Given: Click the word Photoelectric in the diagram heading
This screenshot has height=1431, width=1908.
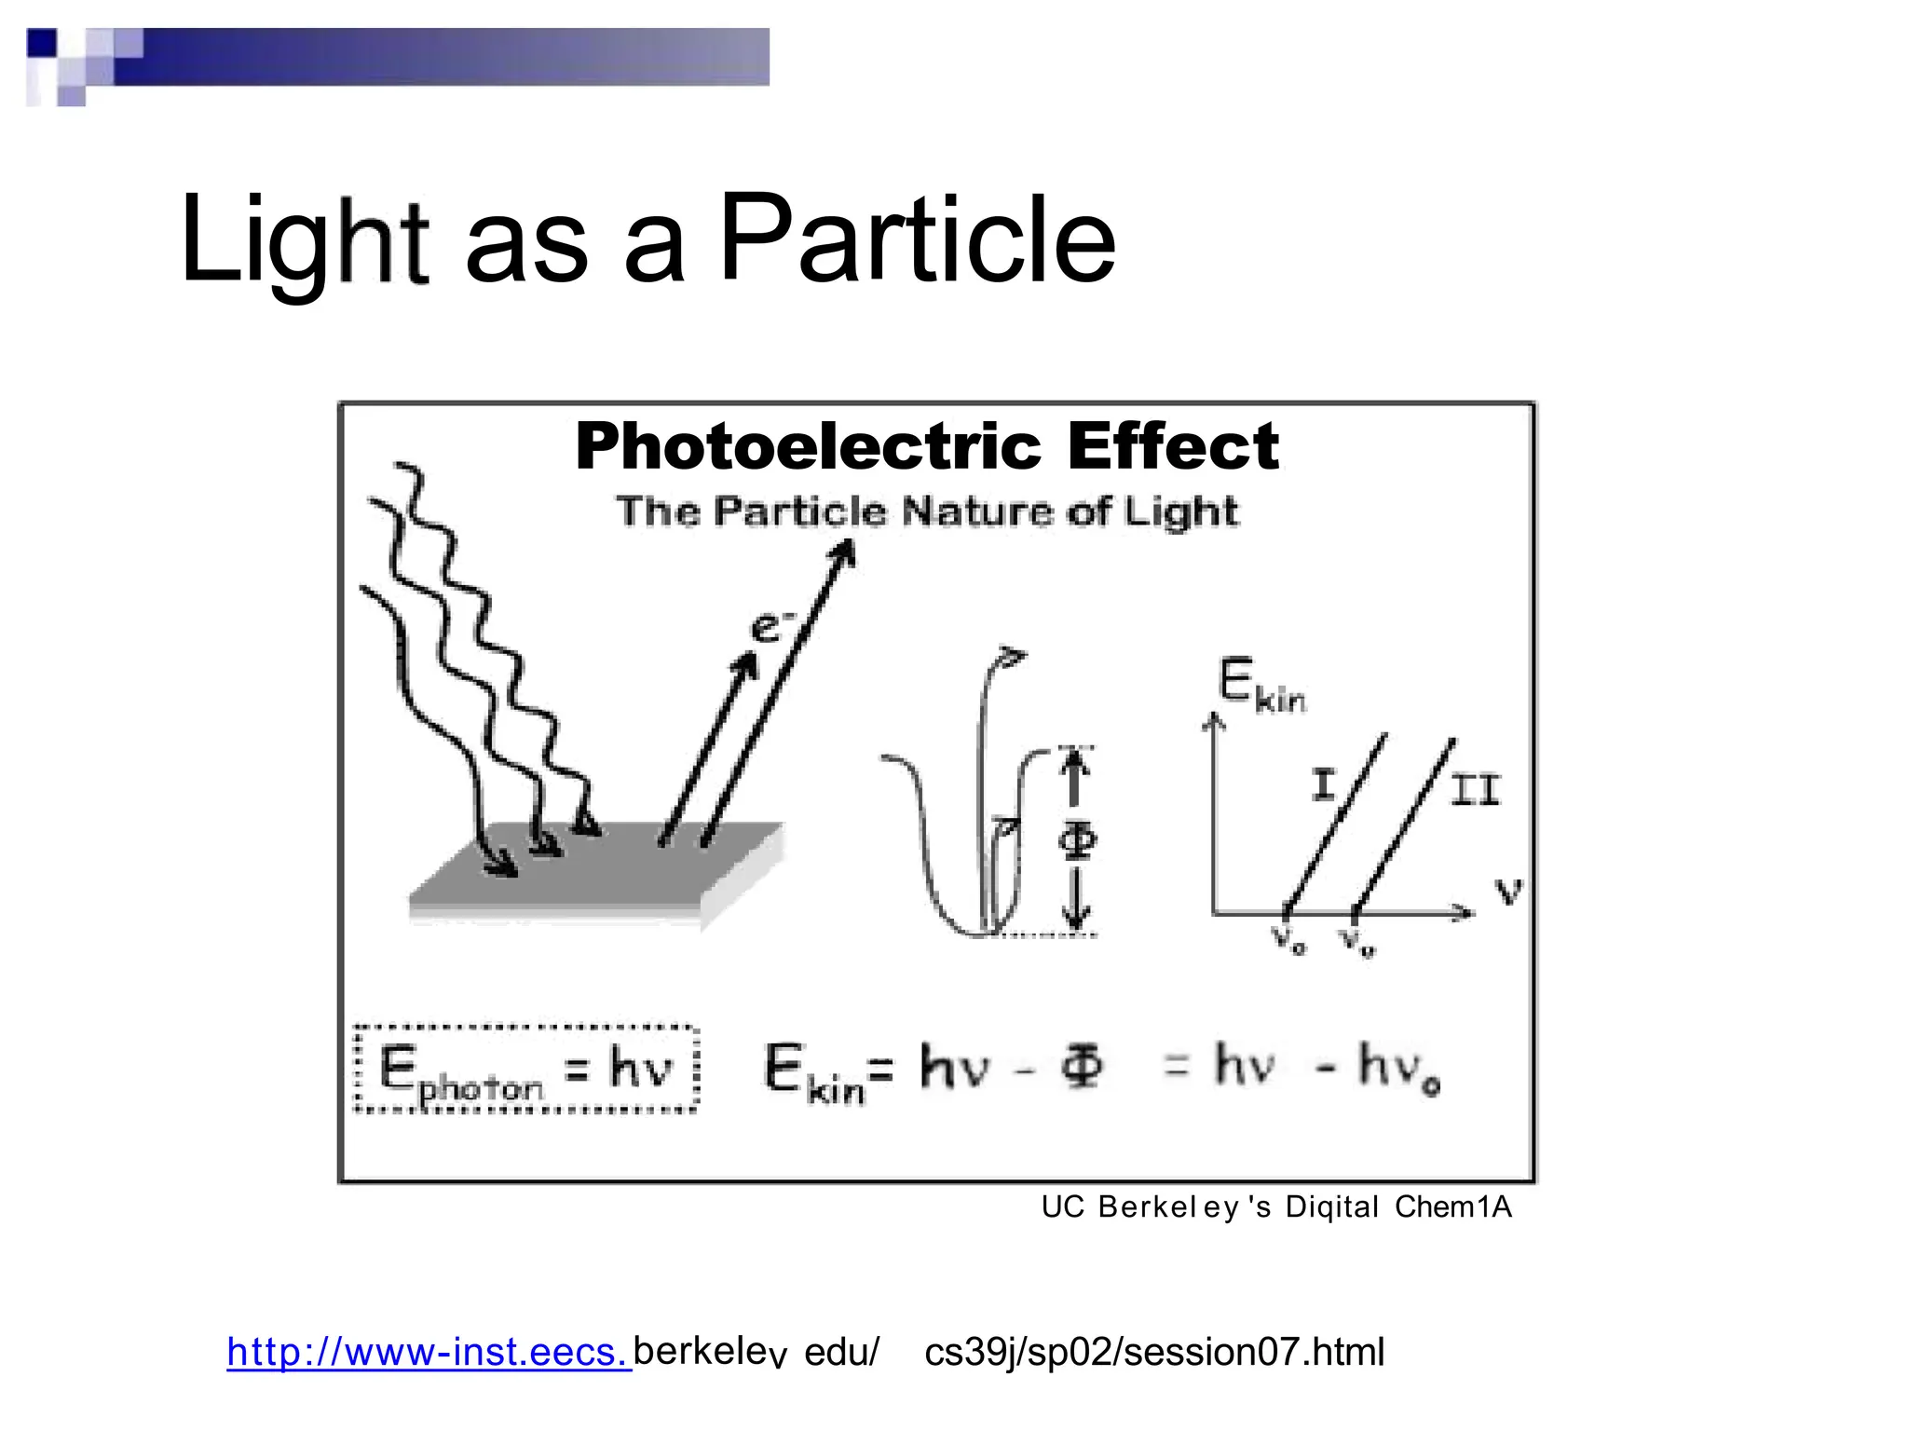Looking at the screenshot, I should point(808,445).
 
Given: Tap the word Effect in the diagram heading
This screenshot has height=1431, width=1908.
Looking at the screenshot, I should point(1173,445).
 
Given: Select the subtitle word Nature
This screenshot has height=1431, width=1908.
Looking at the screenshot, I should point(978,511).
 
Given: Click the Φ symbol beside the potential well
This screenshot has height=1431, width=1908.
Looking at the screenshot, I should point(1078,839).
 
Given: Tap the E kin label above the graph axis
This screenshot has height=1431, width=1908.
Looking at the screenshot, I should point(1261,685).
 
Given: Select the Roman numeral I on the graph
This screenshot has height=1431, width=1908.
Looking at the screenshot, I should point(1323,784).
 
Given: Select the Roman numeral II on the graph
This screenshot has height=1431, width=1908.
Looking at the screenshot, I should point(1475,791).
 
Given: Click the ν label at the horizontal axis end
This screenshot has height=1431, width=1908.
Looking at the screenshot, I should point(1508,891).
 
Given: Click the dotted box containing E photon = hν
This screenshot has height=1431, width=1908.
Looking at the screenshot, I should point(526,1069).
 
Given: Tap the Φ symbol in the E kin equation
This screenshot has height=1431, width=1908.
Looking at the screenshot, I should point(1081,1066).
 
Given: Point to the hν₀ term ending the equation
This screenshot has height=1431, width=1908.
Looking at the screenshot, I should point(1397,1068).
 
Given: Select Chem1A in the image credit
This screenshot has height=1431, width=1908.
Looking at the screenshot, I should point(1452,1207).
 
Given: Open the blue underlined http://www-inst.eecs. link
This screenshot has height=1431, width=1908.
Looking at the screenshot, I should point(429,1352).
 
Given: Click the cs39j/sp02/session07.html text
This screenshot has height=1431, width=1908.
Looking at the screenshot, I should point(1154,1352).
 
